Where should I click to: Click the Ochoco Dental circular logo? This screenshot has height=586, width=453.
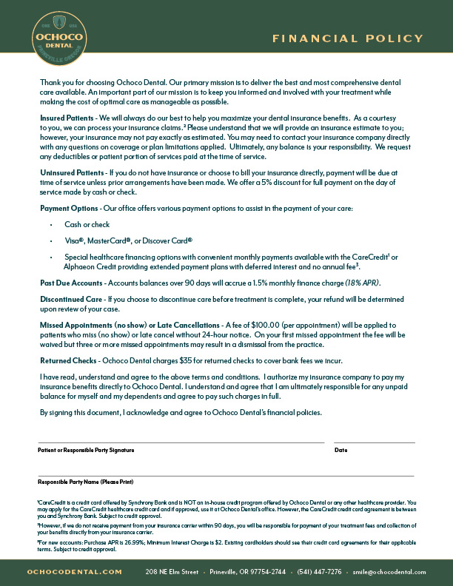[59, 38]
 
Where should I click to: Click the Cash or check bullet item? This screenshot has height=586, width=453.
[87, 224]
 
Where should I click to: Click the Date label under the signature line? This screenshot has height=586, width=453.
[340, 450]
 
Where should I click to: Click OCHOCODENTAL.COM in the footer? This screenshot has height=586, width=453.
[75, 572]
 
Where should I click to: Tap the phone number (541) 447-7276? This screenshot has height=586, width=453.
[321, 572]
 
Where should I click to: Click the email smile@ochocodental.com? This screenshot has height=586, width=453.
[389, 572]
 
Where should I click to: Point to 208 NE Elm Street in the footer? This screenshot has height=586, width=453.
[172, 572]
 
